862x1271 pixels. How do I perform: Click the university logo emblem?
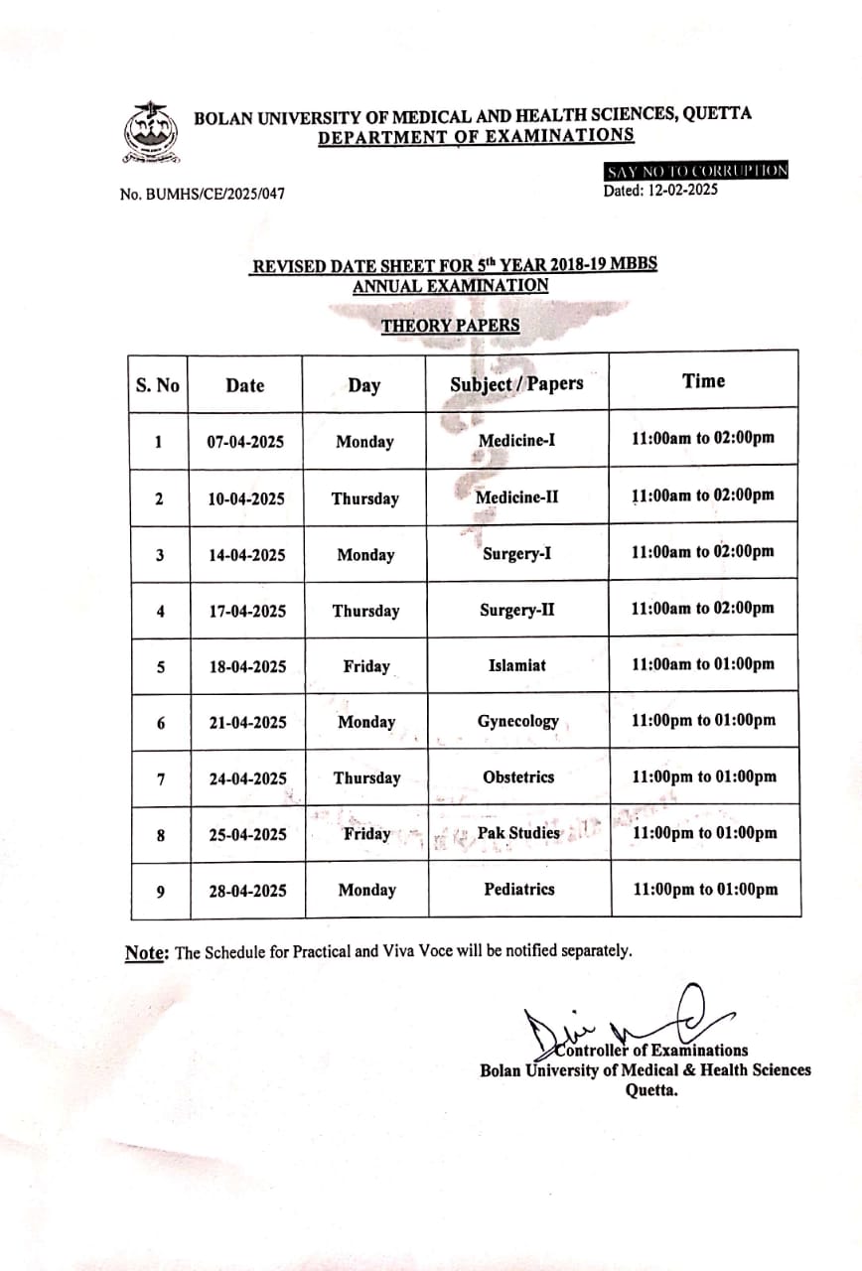click(x=150, y=135)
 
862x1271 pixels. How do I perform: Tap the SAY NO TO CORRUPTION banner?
click(x=697, y=171)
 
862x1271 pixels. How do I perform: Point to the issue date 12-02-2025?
click(x=660, y=190)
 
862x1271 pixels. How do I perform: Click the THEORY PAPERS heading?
click(x=450, y=325)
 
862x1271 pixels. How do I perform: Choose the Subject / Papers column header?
click(x=516, y=384)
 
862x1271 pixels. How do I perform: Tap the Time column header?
click(x=703, y=380)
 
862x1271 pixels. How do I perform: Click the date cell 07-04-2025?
click(x=245, y=442)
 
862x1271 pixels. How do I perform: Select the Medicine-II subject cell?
click(x=516, y=496)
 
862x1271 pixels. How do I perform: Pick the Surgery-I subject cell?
click(x=516, y=554)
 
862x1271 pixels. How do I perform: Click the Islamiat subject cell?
click(x=516, y=665)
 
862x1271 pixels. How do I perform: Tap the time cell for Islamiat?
click(x=703, y=664)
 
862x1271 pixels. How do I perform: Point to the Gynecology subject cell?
click(x=517, y=722)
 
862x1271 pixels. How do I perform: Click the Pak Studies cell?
click(x=518, y=833)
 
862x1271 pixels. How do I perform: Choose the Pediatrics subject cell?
click(x=518, y=890)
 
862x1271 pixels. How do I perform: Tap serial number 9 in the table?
click(x=160, y=891)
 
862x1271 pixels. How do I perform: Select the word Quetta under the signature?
click(x=650, y=1088)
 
